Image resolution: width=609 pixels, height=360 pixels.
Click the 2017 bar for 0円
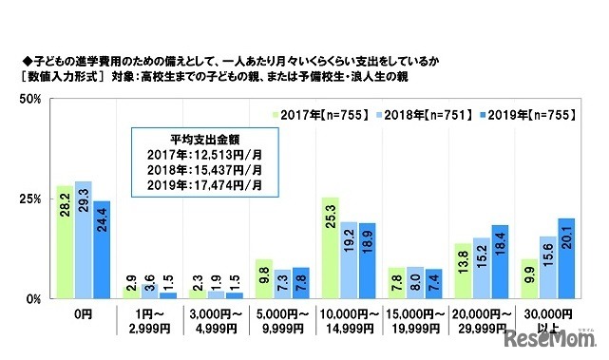click(x=64, y=242)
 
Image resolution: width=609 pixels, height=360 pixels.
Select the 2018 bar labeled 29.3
click(x=83, y=240)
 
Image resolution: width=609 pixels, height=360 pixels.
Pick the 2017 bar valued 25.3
click(x=330, y=248)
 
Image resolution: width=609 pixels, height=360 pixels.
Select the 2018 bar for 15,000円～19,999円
click(x=415, y=283)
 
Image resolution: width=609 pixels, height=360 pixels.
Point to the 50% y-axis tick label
click(x=28, y=99)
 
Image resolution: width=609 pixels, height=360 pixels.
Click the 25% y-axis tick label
click(x=28, y=199)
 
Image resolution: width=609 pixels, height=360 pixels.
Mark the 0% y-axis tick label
click(x=30, y=299)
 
